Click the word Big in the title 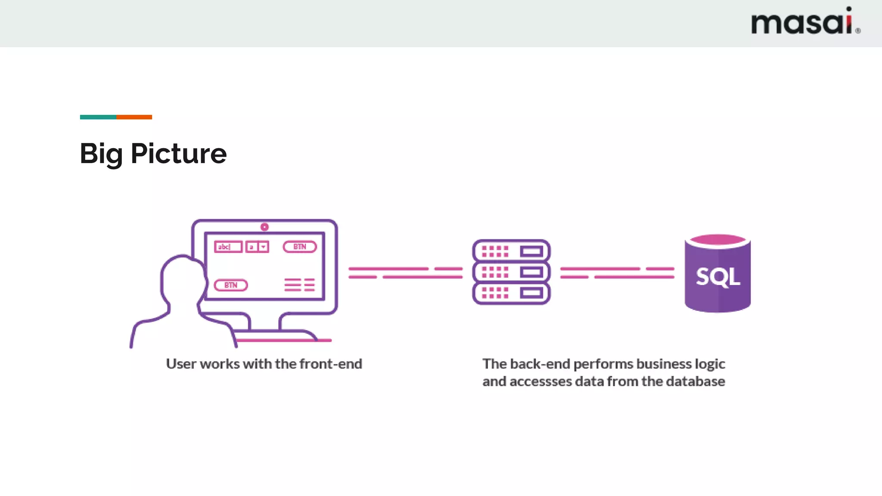[101, 154]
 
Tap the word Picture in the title [178, 154]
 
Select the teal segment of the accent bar [98, 117]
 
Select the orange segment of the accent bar [134, 117]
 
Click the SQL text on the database [717, 277]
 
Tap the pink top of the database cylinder [717, 240]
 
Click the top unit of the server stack [511, 251]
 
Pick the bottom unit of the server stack [511, 293]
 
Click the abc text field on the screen [228, 247]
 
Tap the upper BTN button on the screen [300, 247]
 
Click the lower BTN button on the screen [231, 285]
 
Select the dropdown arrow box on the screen [263, 247]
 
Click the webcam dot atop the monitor [264, 227]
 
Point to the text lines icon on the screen [299, 285]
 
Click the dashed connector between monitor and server [405, 273]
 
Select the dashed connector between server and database [617, 273]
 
